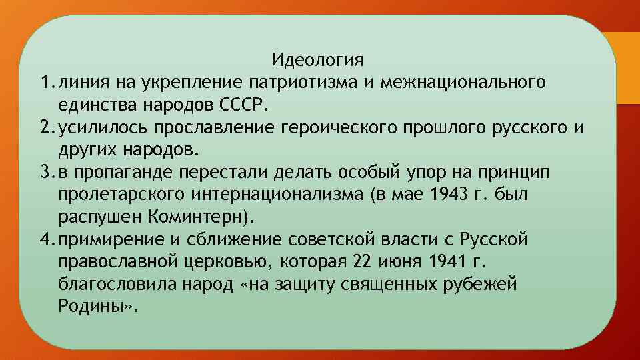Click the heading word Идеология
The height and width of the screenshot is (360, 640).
tap(318, 61)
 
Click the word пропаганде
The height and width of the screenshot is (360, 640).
tap(128, 172)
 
